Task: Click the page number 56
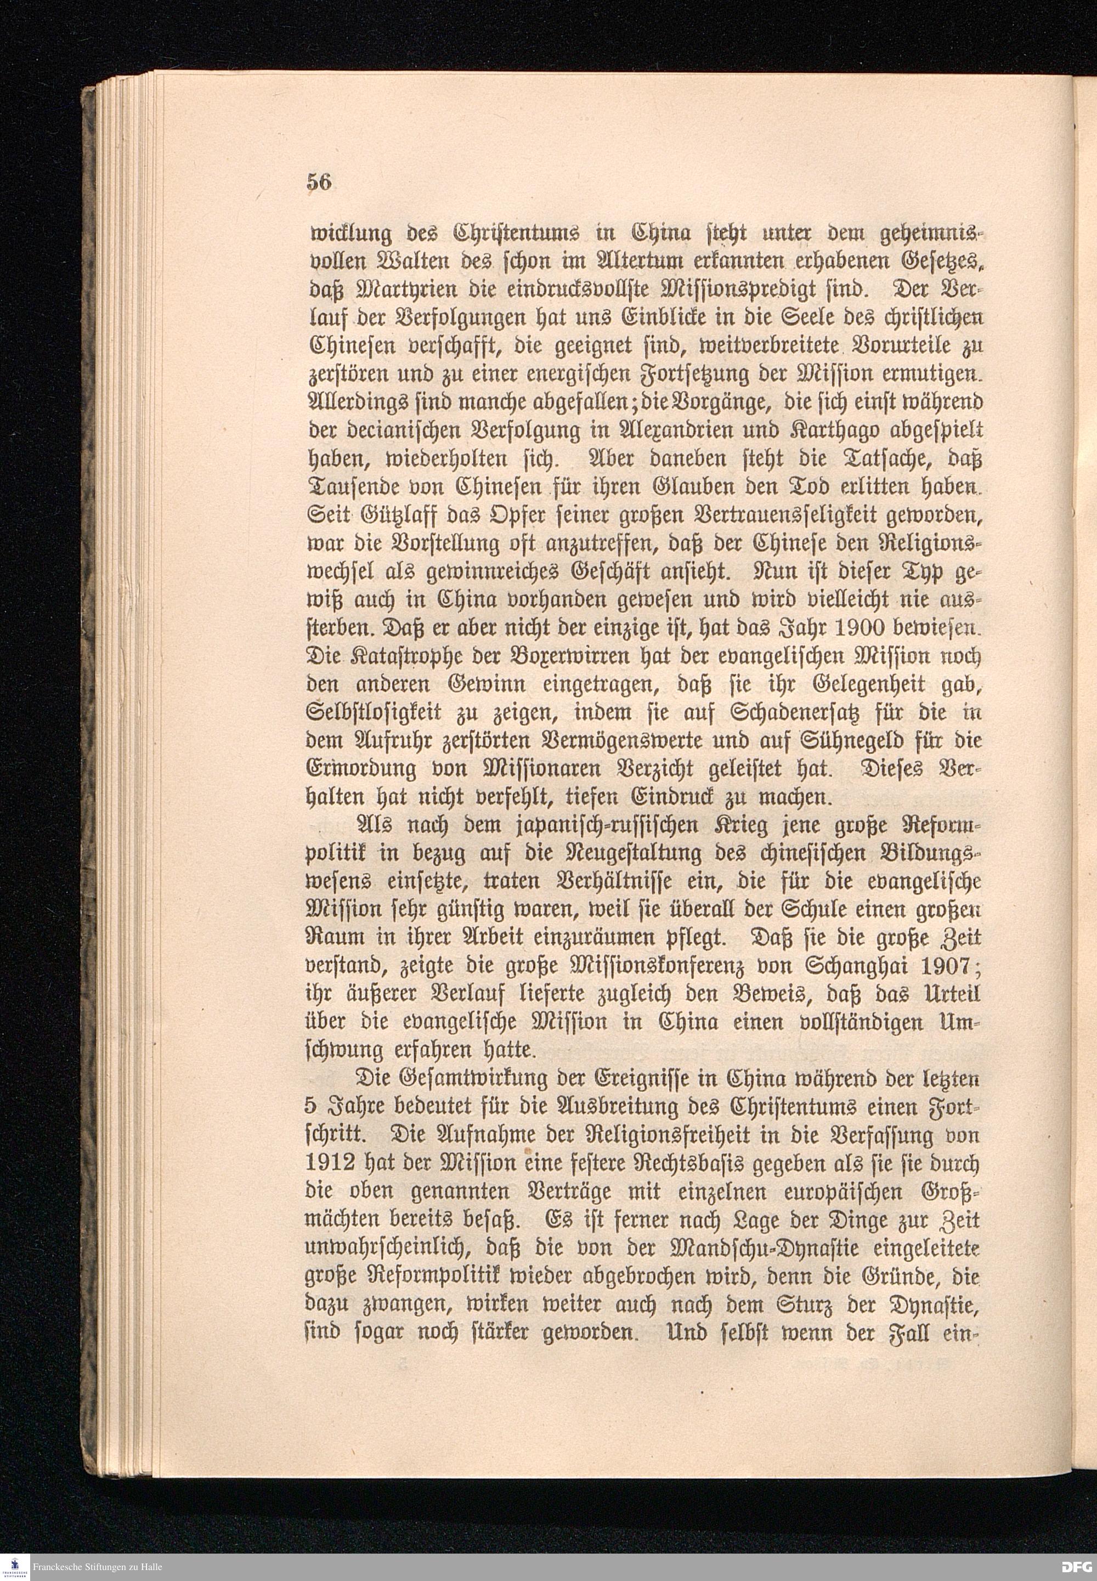[x=319, y=183]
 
